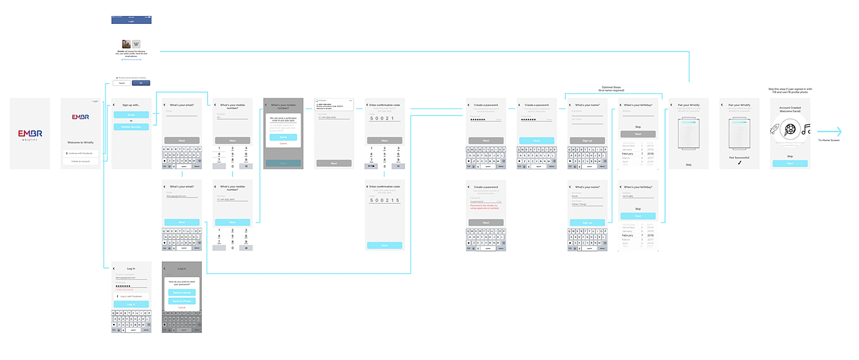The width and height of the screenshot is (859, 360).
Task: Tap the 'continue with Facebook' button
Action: tap(80, 152)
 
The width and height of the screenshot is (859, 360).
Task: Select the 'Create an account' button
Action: tap(80, 161)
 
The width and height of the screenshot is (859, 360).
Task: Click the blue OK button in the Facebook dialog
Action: tap(141, 83)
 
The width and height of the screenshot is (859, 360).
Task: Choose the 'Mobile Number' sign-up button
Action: tap(131, 127)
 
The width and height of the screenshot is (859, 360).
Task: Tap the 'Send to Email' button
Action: tap(181, 293)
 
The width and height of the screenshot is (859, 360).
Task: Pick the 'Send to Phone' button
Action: tap(181, 301)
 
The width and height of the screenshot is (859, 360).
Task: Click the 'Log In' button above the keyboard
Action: tap(131, 304)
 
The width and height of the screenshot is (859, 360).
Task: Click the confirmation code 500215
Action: tap(384, 201)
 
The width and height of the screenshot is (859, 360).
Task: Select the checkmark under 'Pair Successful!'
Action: tap(739, 163)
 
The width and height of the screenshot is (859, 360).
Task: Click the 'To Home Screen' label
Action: tap(828, 140)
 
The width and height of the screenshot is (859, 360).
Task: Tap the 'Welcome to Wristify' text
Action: tap(80, 142)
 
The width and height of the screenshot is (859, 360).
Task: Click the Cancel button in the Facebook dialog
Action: tap(121, 83)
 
